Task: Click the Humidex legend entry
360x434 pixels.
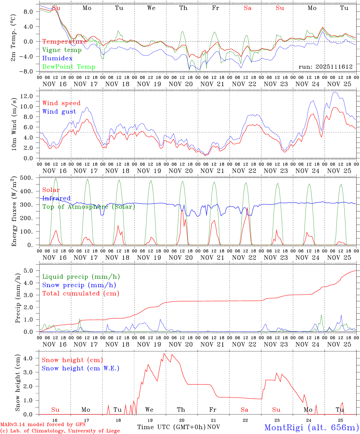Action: pos(57,58)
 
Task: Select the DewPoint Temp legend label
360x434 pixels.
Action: pos(69,67)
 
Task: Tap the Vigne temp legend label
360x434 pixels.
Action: pos(62,50)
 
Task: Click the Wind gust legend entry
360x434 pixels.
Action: pos(59,112)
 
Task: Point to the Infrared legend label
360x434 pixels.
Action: pos(56,198)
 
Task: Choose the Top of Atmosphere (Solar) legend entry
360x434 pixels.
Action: pos(89,207)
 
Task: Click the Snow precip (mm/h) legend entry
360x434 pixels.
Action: pos(79,285)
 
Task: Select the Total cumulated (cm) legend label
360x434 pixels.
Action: pos(81,293)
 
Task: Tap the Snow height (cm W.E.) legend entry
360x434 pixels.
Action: pos(80,368)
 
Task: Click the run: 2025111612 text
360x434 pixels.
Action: pos(325,67)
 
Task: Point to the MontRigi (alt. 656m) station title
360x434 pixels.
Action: pos(311,427)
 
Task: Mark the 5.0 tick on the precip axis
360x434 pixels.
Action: pos(28,271)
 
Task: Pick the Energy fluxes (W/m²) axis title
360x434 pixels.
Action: pos(14,212)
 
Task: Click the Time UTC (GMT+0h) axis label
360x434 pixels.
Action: pos(172,427)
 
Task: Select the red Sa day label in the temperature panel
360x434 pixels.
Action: pos(248,8)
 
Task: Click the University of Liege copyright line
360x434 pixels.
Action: pos(60,431)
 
